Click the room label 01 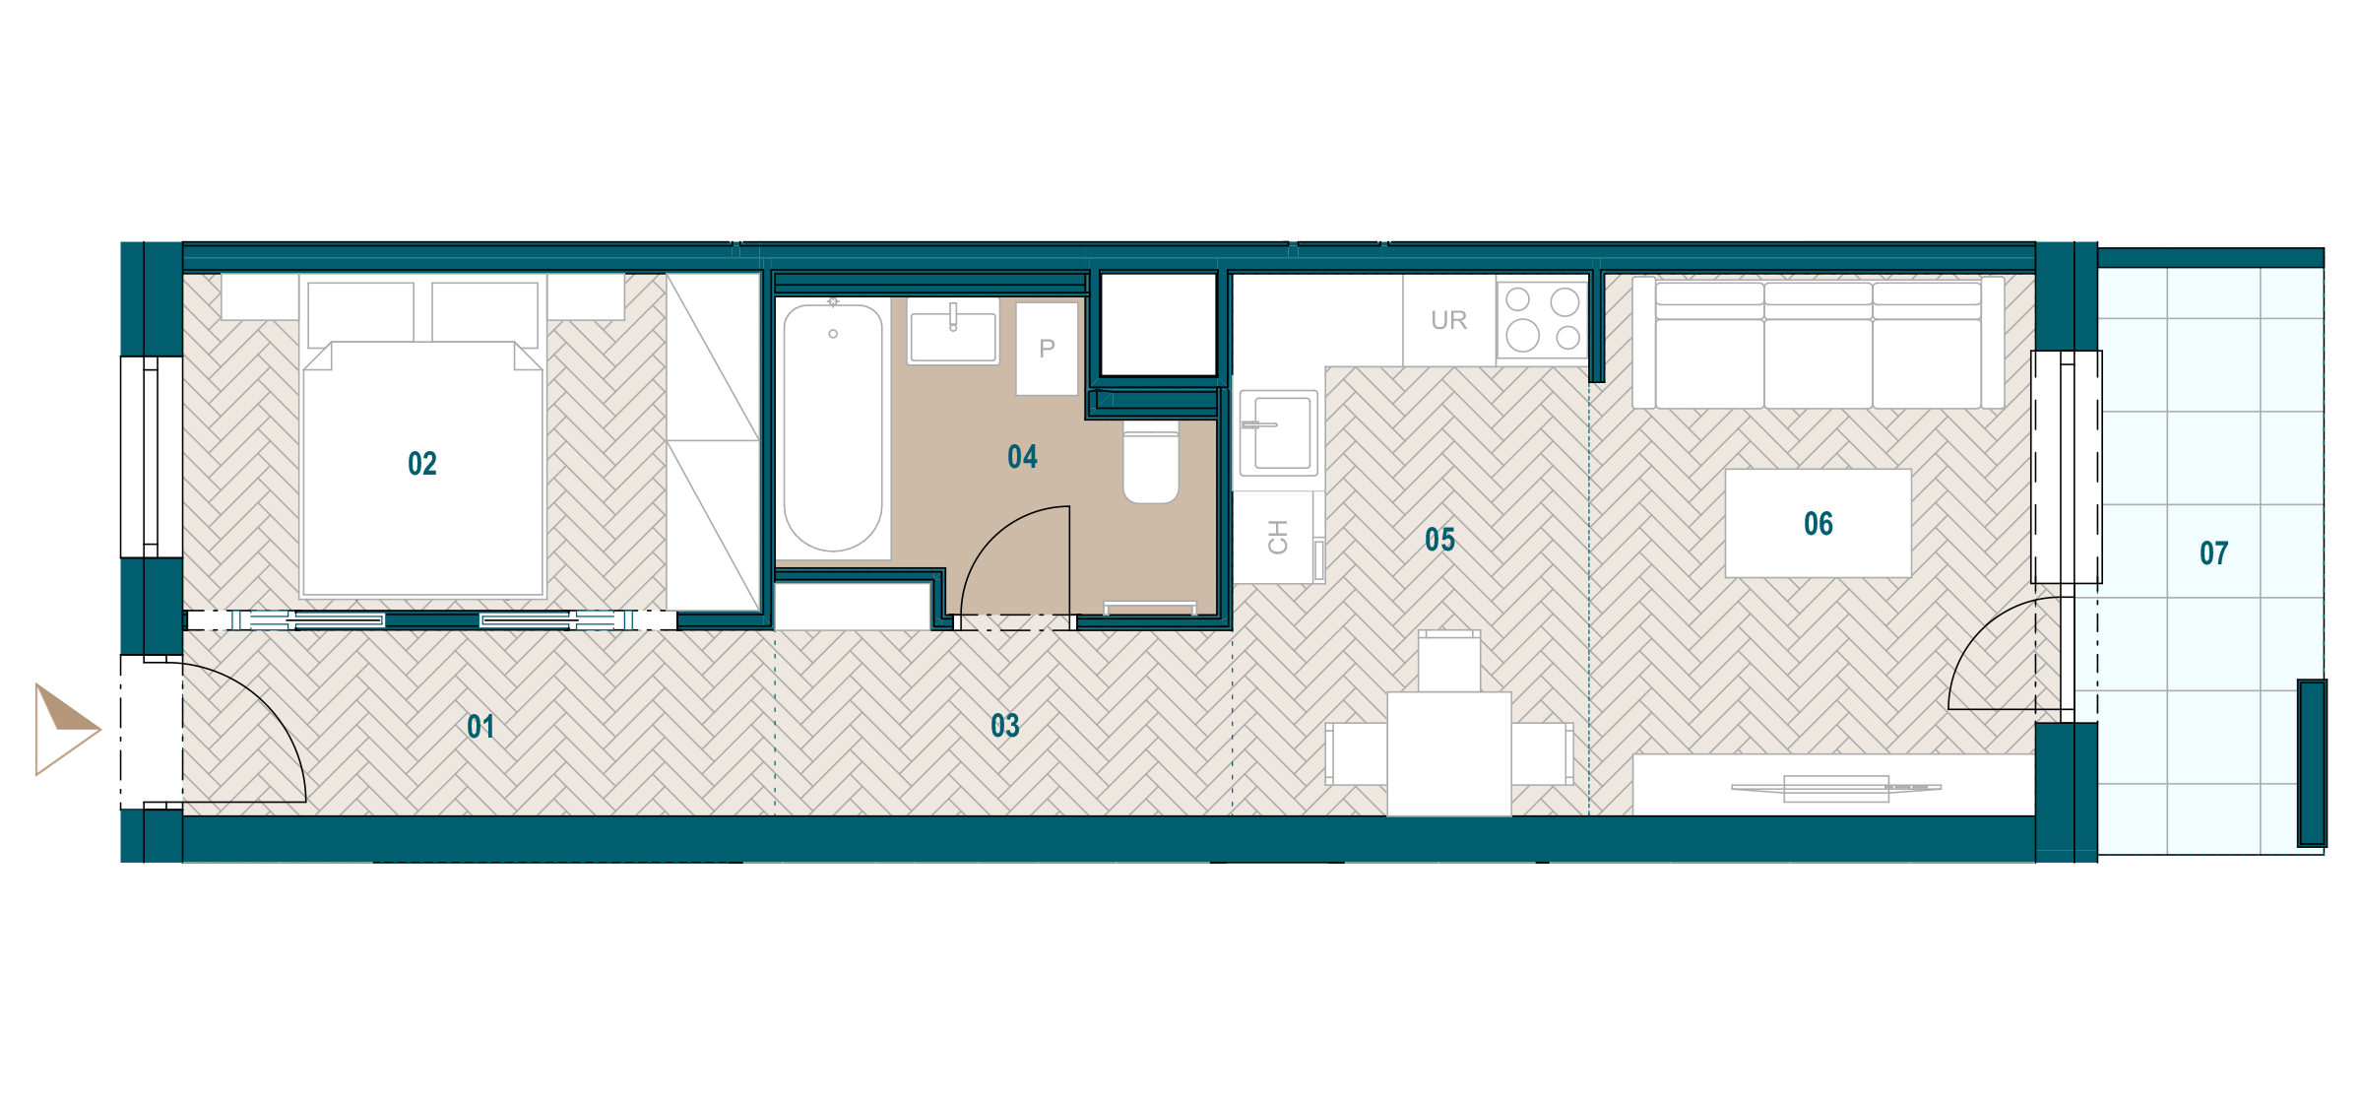(480, 728)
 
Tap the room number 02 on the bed (422, 464)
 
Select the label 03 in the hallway (1005, 727)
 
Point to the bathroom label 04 (1023, 457)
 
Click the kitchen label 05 (1440, 540)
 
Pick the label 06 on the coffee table (1819, 524)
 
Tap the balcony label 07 (2214, 553)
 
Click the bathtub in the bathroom (833, 427)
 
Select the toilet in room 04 (1151, 462)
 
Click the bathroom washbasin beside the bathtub (953, 332)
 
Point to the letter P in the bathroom (1047, 349)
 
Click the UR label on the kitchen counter (1449, 320)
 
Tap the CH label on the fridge (1278, 537)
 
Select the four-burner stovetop (1542, 319)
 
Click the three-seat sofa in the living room (1819, 343)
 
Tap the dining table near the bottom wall (1449, 754)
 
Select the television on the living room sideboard (1836, 788)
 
